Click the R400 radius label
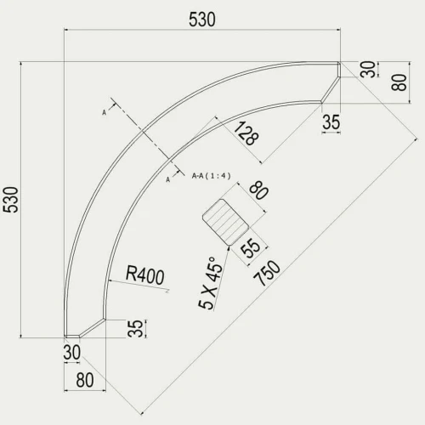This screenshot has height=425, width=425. point(144,275)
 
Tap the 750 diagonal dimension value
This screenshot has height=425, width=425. point(267,274)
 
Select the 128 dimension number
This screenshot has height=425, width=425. point(246,133)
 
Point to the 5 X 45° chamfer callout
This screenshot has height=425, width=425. point(211,283)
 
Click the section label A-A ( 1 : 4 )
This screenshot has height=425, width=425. point(211,176)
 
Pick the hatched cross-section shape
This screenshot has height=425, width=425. point(225,222)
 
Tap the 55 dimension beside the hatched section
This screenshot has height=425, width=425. point(250,248)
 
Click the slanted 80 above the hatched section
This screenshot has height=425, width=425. point(258,191)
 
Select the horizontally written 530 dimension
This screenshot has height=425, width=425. point(202,20)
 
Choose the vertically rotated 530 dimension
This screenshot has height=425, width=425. point(11,200)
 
